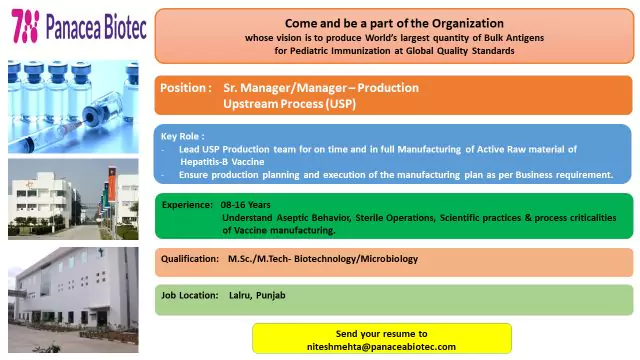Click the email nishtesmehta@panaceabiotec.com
381,346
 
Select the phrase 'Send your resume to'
381,333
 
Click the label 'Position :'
186,88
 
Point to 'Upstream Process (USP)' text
289,103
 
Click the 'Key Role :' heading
183,135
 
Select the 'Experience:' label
187,204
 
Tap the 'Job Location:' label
191,295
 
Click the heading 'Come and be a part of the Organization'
393,22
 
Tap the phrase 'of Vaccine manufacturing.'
280,229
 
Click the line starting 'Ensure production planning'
395,174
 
